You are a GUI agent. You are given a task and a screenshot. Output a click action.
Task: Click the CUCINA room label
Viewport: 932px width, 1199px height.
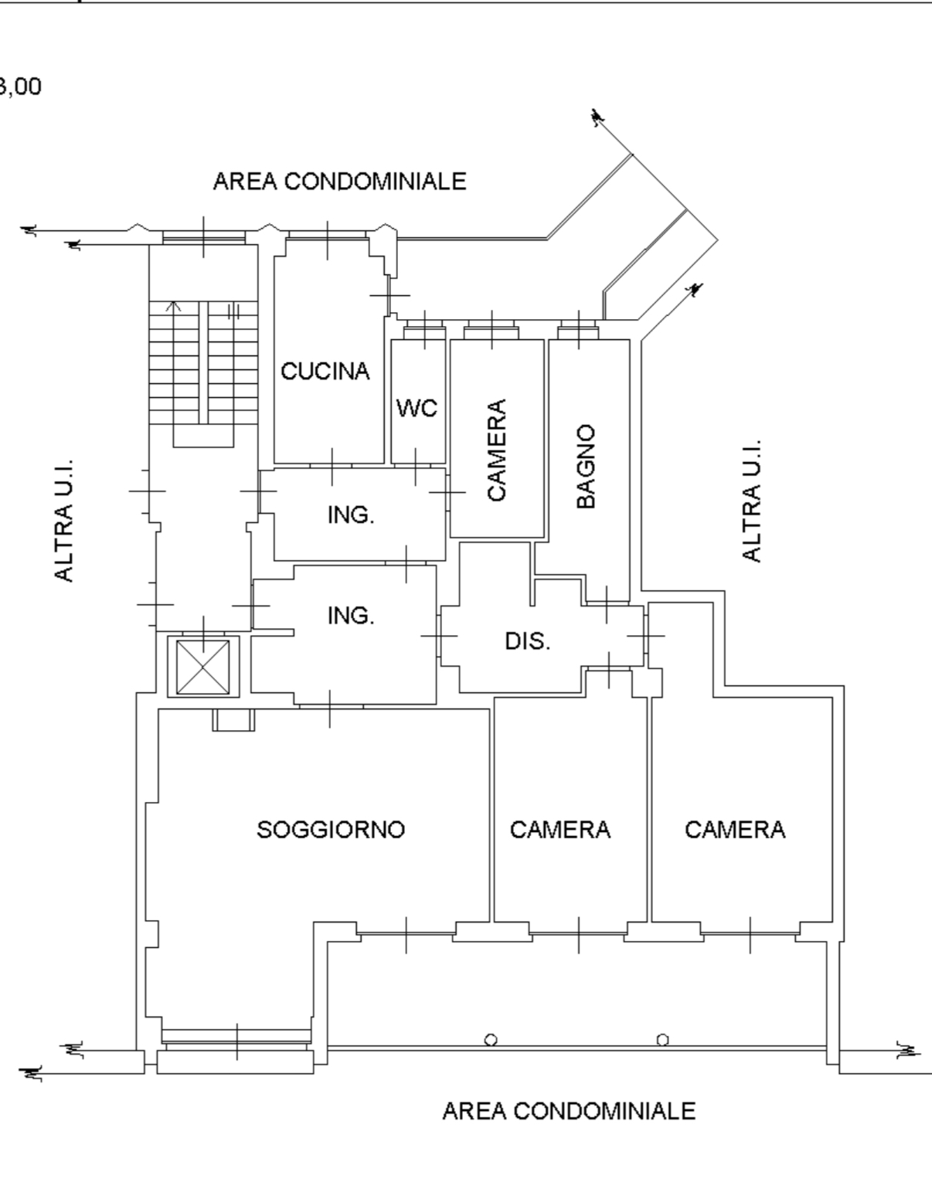click(325, 371)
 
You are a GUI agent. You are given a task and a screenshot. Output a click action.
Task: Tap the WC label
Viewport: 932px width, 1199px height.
click(417, 409)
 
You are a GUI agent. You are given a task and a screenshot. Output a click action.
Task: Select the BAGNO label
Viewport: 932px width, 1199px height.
click(586, 467)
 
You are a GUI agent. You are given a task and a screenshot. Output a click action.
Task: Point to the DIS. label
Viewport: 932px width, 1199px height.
click(528, 641)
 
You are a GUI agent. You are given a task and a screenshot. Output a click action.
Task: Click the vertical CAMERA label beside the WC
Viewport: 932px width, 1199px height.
click(497, 450)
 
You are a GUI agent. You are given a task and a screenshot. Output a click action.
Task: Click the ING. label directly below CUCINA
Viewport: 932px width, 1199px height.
click(351, 515)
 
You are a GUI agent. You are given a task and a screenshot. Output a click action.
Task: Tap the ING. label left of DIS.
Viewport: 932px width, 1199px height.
click(351, 615)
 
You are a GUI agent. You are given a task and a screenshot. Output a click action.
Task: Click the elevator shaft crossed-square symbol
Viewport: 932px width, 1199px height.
click(203, 667)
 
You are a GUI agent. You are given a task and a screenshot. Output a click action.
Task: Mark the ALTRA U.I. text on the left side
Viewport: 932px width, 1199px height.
click(64, 521)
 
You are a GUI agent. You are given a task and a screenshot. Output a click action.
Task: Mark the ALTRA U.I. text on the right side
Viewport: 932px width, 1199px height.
click(752, 501)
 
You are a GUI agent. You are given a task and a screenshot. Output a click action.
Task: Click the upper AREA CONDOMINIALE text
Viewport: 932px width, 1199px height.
click(340, 181)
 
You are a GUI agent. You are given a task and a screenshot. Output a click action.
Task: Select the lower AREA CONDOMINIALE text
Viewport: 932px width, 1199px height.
click(569, 1111)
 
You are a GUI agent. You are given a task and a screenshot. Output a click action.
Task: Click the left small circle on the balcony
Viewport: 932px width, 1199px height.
click(491, 1040)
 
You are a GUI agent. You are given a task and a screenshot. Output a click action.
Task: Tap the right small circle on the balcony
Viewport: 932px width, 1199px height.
click(663, 1040)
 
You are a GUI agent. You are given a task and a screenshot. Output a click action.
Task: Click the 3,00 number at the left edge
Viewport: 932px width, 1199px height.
click(20, 87)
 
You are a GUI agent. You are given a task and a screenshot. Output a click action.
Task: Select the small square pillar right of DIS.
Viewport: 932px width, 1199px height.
click(647, 682)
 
